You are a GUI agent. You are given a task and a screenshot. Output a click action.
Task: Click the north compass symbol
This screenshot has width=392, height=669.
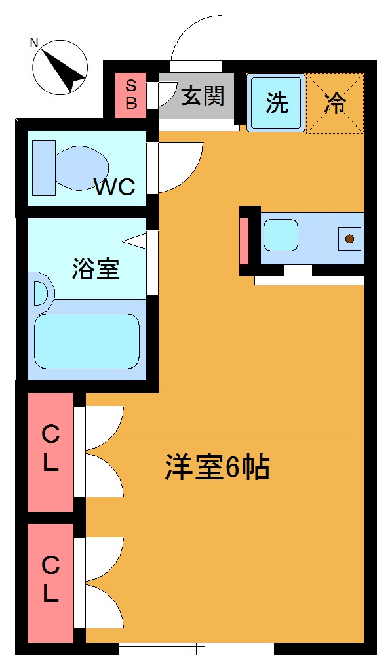pos(61,68)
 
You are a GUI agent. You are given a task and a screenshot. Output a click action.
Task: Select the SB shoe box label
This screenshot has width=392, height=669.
pos(131,94)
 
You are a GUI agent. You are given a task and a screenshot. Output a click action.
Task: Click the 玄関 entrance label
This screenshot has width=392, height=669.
pos(203,96)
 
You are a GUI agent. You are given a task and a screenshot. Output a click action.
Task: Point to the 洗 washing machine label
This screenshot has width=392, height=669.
pos(277,103)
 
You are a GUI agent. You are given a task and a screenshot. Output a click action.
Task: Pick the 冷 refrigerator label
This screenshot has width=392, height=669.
pos(335,104)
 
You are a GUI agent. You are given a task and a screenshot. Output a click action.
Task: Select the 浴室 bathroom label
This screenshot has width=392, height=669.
pos(96,269)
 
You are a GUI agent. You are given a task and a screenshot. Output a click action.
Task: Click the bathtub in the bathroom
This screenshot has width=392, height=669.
pos(87,340)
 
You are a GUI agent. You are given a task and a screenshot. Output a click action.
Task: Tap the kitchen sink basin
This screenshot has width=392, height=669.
pos(281,235)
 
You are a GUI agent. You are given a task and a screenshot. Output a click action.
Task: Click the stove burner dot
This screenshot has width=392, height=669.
pos(350,238)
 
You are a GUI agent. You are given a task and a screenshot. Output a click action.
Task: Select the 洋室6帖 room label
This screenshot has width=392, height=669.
pos(217,468)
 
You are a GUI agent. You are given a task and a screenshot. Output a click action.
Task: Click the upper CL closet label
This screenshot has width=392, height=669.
pos(50,449)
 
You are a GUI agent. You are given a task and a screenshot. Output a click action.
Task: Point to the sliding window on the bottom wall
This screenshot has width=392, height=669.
pos(196,649)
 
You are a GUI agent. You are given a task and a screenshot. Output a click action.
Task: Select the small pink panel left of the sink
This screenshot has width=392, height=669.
pos(245,240)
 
